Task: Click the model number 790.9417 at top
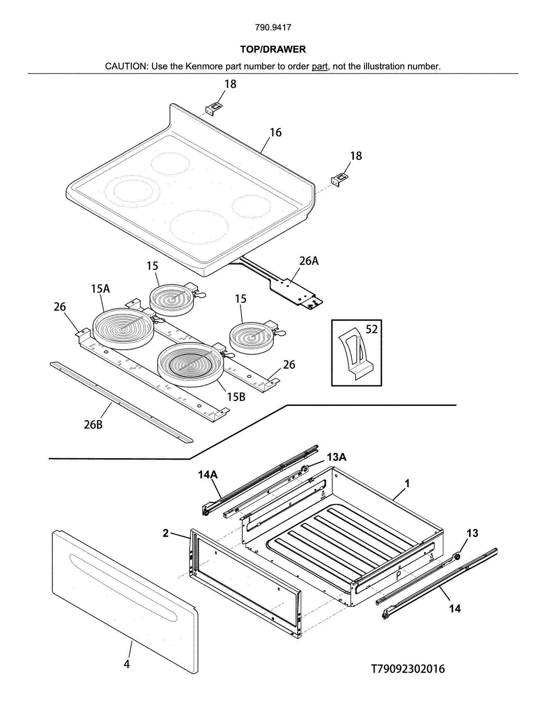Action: click(273, 27)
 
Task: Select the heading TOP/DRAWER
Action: click(273, 49)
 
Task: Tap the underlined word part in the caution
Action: click(319, 66)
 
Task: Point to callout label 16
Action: click(275, 132)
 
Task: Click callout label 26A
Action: click(309, 261)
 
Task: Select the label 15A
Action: click(100, 288)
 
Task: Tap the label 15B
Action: click(236, 397)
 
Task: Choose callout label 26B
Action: click(93, 425)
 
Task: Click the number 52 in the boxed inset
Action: click(372, 329)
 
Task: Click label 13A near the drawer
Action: click(336, 457)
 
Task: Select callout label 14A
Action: click(208, 475)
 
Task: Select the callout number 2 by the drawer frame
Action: click(166, 533)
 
